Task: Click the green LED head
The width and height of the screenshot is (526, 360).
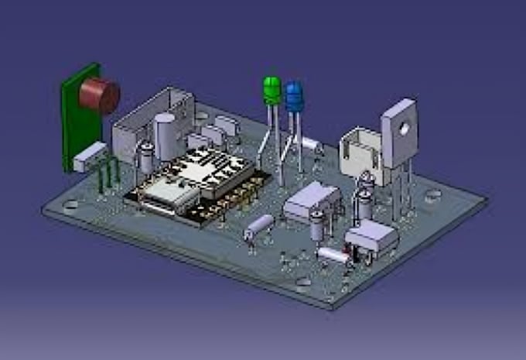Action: tap(272, 90)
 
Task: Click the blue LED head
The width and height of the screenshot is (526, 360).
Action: tap(295, 97)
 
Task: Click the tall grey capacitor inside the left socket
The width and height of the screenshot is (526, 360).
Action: tap(165, 136)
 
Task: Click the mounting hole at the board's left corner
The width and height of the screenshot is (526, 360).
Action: tap(70, 205)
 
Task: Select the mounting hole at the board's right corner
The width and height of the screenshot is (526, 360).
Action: tap(433, 194)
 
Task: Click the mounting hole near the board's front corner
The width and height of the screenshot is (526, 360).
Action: tap(303, 282)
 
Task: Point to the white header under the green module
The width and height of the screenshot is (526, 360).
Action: tap(90, 156)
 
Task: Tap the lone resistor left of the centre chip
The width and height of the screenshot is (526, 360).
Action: tap(258, 226)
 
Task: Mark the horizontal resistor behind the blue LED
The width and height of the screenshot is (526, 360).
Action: tap(309, 143)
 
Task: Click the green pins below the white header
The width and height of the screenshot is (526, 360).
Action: tap(107, 176)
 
